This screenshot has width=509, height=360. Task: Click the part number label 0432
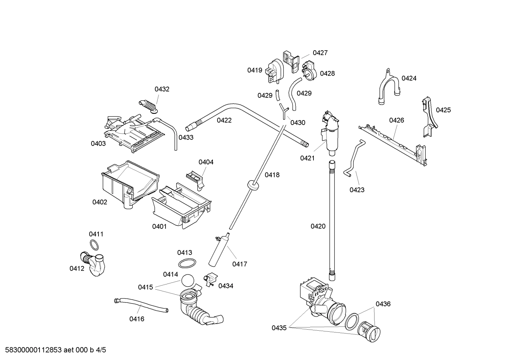(162, 89)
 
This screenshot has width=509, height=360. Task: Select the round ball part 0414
(188, 281)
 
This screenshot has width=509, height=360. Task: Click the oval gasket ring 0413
(187, 263)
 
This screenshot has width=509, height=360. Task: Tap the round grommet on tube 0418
(252, 184)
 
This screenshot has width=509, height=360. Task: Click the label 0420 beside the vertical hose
(318, 226)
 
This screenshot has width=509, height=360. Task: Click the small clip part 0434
(210, 280)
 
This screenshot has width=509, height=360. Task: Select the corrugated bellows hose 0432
(149, 106)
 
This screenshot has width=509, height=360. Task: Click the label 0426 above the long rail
(396, 120)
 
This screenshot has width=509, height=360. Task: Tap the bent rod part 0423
(354, 157)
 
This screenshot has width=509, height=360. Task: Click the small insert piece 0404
(196, 178)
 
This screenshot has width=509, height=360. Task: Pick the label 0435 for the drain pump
(279, 328)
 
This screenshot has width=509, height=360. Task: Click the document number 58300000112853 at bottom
(32, 350)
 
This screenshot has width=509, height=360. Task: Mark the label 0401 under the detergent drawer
(159, 226)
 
